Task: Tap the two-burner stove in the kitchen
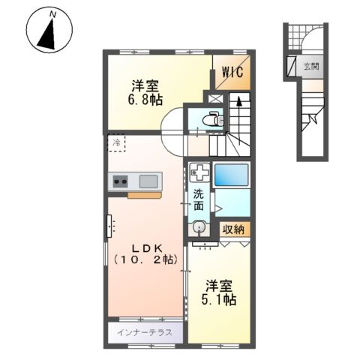120,180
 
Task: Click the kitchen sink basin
148,180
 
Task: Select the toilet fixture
213,118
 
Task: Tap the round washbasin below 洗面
199,228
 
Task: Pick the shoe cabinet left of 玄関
289,67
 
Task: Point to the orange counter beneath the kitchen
144,196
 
